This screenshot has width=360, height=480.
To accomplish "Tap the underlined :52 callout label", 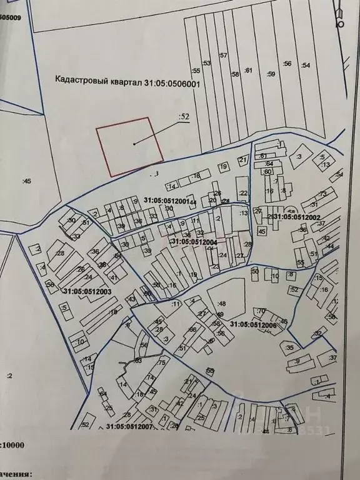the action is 183,116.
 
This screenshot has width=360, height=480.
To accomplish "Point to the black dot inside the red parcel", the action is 134,144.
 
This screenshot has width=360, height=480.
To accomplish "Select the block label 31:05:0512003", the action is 87,290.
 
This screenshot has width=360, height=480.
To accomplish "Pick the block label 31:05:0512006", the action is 252,324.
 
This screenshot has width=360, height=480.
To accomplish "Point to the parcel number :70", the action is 261,311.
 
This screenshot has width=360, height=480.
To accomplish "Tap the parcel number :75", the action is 161,362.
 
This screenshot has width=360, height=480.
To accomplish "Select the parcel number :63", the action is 138,361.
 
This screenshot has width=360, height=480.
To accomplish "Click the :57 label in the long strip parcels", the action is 222,56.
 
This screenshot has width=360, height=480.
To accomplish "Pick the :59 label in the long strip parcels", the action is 271,74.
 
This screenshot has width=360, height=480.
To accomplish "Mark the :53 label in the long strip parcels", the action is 207,63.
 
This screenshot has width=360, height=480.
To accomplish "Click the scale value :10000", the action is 13,445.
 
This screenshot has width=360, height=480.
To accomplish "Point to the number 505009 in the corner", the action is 11,17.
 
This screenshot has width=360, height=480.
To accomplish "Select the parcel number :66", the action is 192,329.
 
